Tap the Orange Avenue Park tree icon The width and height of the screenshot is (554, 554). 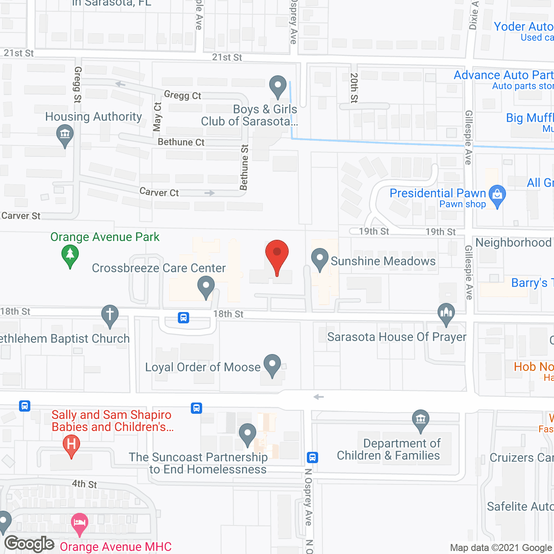(70, 255)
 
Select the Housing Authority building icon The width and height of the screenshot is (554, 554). (65, 135)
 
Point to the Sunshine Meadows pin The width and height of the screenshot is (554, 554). (320, 258)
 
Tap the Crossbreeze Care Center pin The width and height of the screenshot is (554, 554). (206, 287)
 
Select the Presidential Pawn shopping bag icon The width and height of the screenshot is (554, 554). (497, 195)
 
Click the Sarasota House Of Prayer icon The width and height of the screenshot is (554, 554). (446, 313)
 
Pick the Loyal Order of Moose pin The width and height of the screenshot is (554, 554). (272, 364)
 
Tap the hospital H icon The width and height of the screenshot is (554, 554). (71, 444)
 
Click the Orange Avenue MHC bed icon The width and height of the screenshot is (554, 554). (79, 522)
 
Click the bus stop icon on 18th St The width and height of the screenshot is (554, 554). (184, 318)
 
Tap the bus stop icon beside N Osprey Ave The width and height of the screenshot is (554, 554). (312, 457)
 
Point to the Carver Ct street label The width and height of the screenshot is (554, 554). (159, 192)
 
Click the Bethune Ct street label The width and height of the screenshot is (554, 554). (181, 142)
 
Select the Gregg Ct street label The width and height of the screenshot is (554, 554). (182, 95)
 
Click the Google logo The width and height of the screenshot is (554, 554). (29, 544)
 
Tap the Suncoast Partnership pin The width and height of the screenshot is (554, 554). (248, 434)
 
